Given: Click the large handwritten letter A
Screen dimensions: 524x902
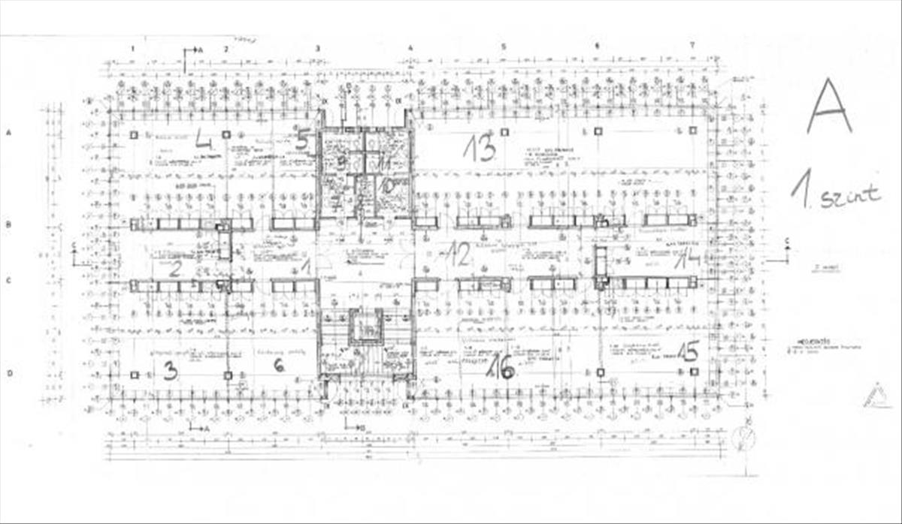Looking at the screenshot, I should click(x=829, y=107).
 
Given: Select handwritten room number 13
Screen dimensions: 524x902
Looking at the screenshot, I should click(x=480, y=147).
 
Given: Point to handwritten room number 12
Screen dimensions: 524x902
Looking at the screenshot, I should click(x=458, y=254).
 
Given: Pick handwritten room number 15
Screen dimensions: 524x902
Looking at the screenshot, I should click(x=687, y=351).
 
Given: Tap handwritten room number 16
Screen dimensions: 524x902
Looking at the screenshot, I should click(x=501, y=367).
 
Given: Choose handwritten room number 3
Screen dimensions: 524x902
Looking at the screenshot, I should click(x=171, y=369).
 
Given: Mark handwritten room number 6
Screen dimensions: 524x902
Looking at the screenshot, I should click(x=278, y=365).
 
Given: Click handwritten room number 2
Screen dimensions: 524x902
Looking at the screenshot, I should click(x=174, y=269).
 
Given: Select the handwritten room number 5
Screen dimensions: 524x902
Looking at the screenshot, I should click(x=302, y=139).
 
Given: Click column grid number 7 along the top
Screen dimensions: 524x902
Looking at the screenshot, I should click(x=692, y=46).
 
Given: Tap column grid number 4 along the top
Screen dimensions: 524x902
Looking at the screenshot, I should click(x=410, y=48).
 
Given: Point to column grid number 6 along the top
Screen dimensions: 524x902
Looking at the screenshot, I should click(x=597, y=47).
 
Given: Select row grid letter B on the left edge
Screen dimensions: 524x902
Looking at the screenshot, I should click(x=9, y=224).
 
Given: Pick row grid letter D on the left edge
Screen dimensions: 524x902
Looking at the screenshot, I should click(x=9, y=373).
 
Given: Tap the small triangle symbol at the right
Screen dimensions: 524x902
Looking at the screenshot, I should click(x=874, y=396).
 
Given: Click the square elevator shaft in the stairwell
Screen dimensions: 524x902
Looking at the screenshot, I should click(x=366, y=326).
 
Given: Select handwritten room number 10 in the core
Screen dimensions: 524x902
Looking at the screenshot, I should click(x=387, y=185).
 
